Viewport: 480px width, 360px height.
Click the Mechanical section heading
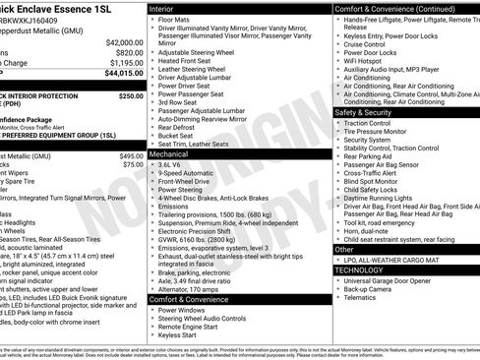tap(172, 154)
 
